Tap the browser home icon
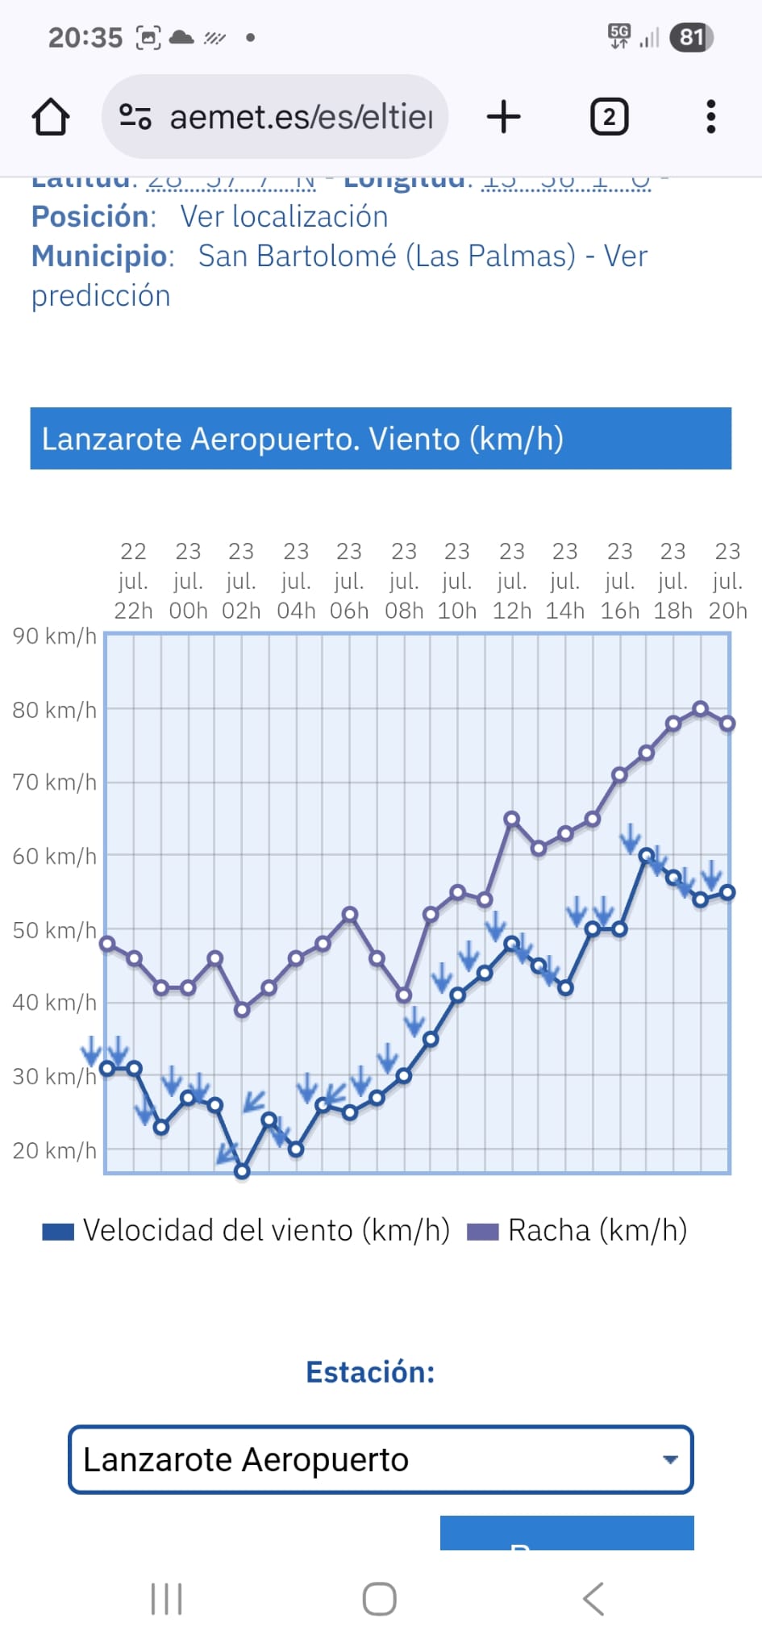pos(50,117)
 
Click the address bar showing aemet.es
pos(274,117)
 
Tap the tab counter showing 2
pos(609,117)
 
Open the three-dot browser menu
pos(710,117)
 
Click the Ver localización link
pos(284,217)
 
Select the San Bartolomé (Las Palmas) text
pos(386,257)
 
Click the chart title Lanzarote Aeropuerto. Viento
pos(302,440)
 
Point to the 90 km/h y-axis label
pos(54,636)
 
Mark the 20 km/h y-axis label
pos(54,1150)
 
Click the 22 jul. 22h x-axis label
pos(133,581)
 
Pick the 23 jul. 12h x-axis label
pos(512,581)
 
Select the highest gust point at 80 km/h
pos(701,708)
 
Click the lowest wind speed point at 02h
pos(242,1171)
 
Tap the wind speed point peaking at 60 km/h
pos(647,855)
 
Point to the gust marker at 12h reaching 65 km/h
pos(512,819)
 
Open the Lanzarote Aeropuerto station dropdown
pos(381,1460)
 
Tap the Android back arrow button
pos(594,1599)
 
